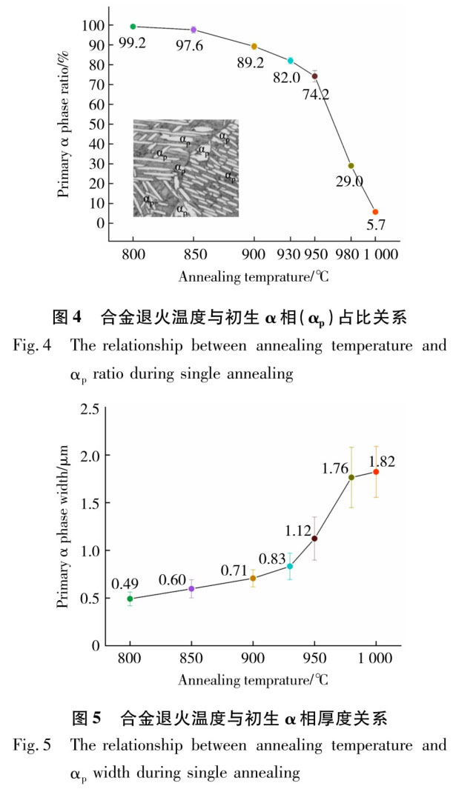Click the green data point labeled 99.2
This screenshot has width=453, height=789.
point(133,27)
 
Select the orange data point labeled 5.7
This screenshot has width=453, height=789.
point(375,212)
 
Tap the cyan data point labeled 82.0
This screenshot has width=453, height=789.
point(291,61)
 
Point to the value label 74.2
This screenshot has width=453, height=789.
point(316,93)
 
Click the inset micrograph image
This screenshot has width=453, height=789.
point(186,167)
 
